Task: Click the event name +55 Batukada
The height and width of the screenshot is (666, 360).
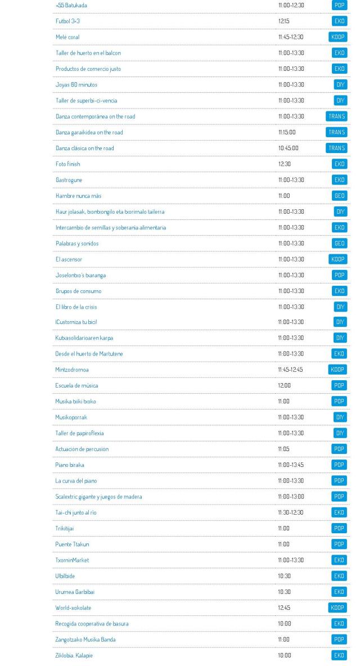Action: tap(71, 6)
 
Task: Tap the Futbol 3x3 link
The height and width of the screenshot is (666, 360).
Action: tap(67, 21)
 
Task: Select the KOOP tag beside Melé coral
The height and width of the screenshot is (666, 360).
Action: tap(337, 37)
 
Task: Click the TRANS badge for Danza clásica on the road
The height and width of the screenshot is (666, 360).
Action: tap(336, 148)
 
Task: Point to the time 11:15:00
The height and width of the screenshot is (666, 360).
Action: tap(287, 132)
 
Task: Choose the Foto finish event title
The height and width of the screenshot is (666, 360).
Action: tap(68, 164)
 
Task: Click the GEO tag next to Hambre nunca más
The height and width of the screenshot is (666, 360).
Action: tap(339, 196)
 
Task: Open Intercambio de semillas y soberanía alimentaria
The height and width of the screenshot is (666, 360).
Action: tap(111, 228)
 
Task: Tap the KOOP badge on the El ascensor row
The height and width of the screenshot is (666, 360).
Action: tap(337, 259)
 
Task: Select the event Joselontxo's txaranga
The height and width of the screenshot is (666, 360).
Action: tap(80, 276)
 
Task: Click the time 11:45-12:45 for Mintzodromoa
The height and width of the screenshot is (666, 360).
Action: tap(290, 370)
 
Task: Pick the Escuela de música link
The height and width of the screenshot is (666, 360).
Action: tap(76, 386)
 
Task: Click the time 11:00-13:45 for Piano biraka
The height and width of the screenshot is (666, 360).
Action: tap(291, 465)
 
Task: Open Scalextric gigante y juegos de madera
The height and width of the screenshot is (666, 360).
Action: tap(98, 497)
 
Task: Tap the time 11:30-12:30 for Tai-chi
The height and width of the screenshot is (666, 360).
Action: tap(291, 512)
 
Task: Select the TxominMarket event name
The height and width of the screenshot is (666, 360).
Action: tap(72, 560)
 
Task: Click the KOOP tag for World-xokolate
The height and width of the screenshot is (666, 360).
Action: tap(337, 607)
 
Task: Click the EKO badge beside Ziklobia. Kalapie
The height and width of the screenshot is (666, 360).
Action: tap(339, 655)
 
